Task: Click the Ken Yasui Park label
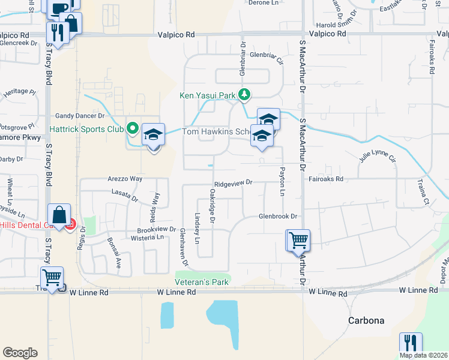(x=207, y=95)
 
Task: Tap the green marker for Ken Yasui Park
(x=244, y=94)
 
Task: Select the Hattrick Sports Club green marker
(x=133, y=128)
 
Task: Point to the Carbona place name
(x=366, y=320)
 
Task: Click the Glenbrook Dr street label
(x=278, y=216)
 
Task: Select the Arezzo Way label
(x=125, y=179)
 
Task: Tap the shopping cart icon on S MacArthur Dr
(x=298, y=241)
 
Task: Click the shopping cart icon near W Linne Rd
(x=53, y=278)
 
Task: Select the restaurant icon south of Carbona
(x=411, y=343)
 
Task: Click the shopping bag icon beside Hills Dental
(x=60, y=215)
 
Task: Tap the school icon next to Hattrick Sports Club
(x=153, y=135)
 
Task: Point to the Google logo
(x=20, y=353)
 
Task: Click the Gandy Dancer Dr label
(x=80, y=115)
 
